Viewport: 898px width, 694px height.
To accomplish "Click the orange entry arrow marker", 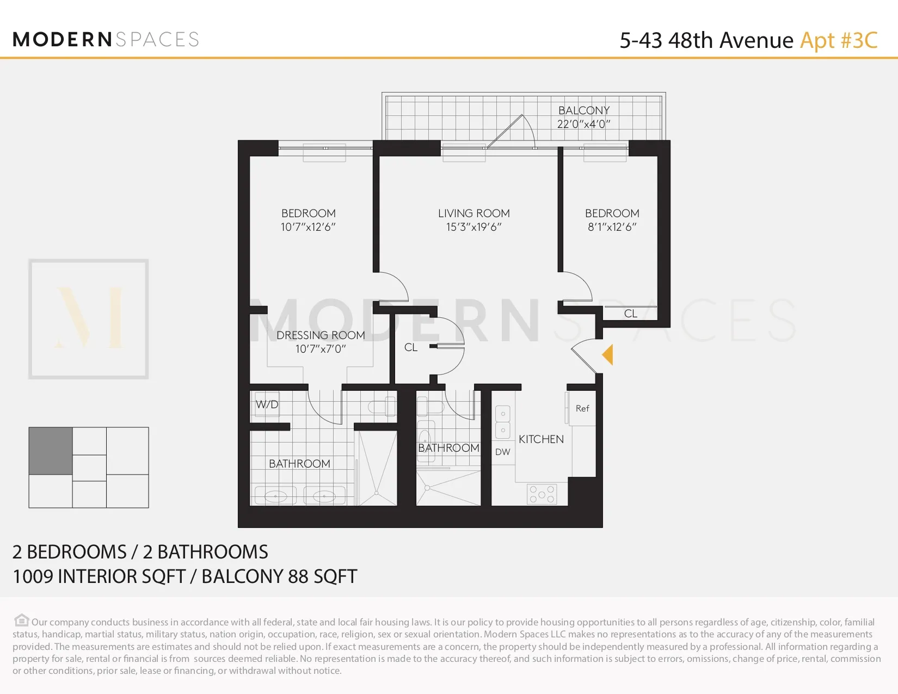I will (608, 355).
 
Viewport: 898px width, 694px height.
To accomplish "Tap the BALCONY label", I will (584, 110).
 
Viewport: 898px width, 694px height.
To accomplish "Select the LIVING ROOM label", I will (473, 213).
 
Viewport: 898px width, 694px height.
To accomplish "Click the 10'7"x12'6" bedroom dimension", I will (308, 227).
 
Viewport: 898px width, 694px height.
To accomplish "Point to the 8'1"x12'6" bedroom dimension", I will (612, 227).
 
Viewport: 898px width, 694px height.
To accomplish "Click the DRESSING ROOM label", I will (321, 335).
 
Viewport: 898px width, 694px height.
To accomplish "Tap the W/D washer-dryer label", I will (267, 404).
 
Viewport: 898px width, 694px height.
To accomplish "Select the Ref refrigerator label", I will (582, 408).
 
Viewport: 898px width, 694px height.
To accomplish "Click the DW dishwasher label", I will (503, 452).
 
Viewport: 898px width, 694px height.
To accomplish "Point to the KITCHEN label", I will (541, 439).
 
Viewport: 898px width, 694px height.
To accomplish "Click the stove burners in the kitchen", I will (542, 494).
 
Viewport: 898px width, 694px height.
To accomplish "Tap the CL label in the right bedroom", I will (630, 314).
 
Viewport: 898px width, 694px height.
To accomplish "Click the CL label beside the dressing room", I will (411, 347).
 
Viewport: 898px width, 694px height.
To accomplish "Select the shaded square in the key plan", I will (51, 451).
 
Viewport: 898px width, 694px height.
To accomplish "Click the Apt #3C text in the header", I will (839, 40).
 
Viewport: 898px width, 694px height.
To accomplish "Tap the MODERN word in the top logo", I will (63, 39).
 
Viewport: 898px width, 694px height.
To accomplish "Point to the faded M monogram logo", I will (89, 319).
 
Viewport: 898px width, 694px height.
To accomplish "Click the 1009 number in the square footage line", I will (33, 576).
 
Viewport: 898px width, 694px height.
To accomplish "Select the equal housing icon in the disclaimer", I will (21, 621).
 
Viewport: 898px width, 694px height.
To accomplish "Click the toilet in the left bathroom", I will (382, 407).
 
